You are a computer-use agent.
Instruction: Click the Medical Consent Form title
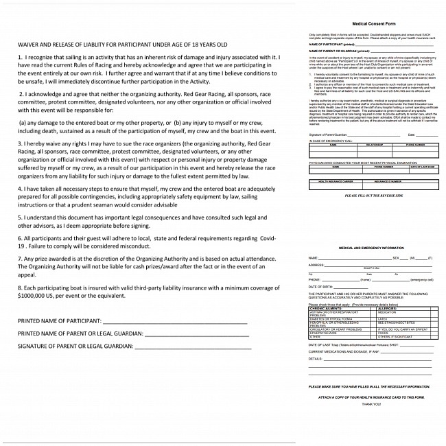click(371, 23)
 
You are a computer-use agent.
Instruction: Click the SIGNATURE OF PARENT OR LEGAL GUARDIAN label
click(75, 346)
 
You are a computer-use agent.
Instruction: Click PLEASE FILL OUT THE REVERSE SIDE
click(371, 196)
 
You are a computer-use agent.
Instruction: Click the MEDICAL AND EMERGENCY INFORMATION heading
click(371, 248)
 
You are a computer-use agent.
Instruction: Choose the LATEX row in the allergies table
click(383, 319)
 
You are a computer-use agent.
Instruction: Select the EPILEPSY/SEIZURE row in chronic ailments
click(325, 333)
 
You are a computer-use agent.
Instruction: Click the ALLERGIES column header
click(389, 309)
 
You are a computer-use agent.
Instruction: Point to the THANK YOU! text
click(371, 406)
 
